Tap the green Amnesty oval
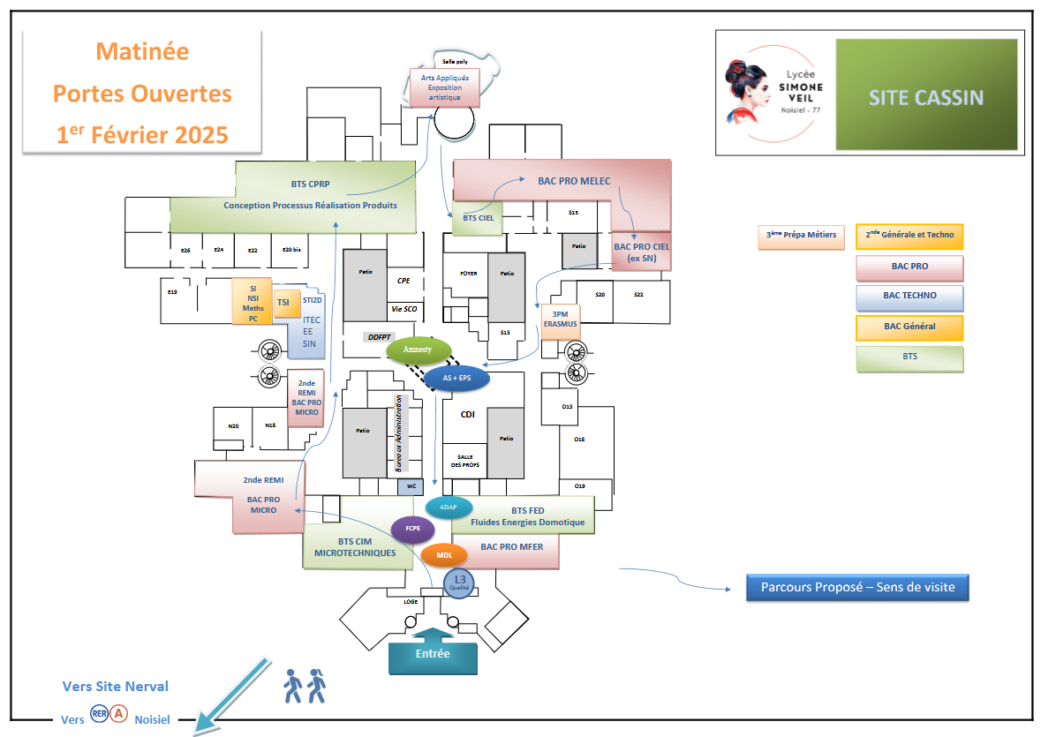point(419,350)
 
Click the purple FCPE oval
point(412,530)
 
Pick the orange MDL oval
point(444,555)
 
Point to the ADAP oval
point(449,508)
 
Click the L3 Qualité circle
point(459,583)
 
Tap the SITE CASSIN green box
point(925,97)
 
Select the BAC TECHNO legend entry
point(909,297)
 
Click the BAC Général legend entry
point(909,327)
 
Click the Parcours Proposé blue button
point(857,587)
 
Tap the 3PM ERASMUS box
point(560,319)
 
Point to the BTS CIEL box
point(478,219)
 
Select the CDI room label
point(468,414)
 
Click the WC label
point(411,485)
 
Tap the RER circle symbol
point(100,714)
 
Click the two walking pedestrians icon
point(305,686)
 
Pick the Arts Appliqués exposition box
point(444,88)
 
